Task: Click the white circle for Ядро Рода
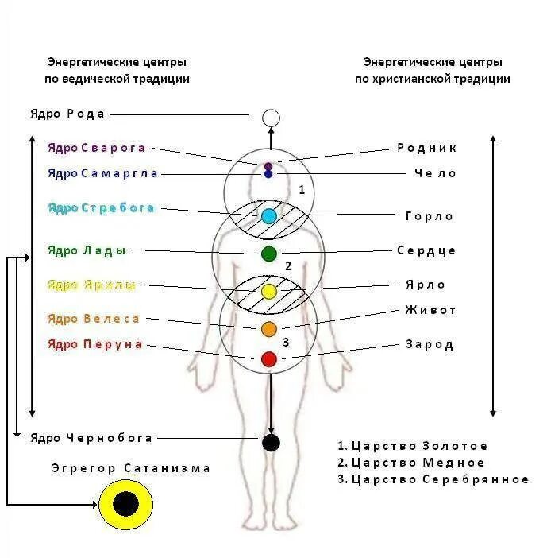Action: [x=271, y=118]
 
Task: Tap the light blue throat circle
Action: [x=269, y=215]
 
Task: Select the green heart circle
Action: [x=269, y=254]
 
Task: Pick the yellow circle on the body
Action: [x=269, y=291]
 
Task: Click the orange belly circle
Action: [x=269, y=328]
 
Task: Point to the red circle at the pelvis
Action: [x=269, y=359]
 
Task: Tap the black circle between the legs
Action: [x=271, y=443]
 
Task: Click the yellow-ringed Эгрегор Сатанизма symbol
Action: [x=125, y=504]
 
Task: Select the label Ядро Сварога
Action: [x=96, y=149]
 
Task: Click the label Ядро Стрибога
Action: [x=101, y=208]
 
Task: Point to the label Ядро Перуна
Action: [x=94, y=344]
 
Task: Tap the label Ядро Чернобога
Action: [x=91, y=438]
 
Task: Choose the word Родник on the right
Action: [x=426, y=149]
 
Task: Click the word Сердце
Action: [x=426, y=251]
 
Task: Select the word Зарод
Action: [x=430, y=345]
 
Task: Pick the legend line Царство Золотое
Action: [x=412, y=447]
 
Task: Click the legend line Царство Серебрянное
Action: [x=433, y=479]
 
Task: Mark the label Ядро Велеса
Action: [x=94, y=319]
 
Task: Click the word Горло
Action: [x=429, y=216]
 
